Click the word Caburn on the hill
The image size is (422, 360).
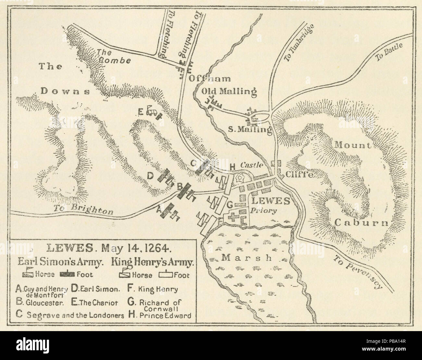[x=361, y=223]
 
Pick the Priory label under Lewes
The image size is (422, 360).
[x=263, y=210]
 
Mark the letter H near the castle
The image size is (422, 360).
[x=232, y=167]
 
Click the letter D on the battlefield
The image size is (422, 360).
[x=150, y=176]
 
